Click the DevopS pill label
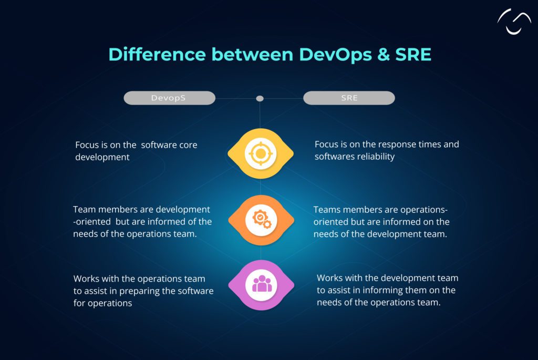coord(169,98)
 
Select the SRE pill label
coord(349,98)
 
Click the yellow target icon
coord(260,154)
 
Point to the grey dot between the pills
coord(260,98)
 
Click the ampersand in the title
coord(376,55)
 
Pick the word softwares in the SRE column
coord(334,157)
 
